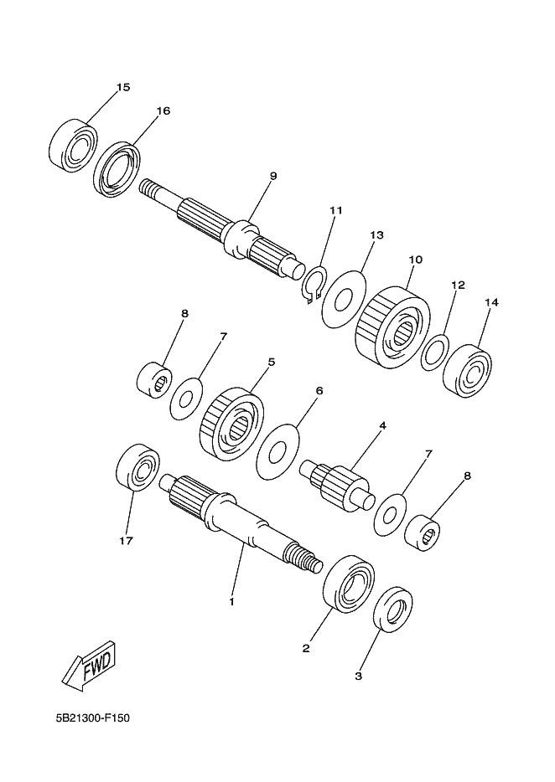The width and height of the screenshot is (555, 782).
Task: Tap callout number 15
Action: pos(123,87)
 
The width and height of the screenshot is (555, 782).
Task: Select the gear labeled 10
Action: pos(392,327)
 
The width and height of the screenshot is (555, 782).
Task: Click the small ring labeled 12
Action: pos(435,353)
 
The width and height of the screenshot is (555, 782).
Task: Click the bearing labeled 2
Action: pos(350,584)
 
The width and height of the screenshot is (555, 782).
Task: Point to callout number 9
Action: pos(272,176)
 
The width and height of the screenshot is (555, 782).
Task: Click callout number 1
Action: pos(231,602)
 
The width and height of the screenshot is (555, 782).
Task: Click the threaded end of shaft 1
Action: pos(303,559)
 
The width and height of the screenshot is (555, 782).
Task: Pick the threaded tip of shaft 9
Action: pos(148,189)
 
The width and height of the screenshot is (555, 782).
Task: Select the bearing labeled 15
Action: pos(74,147)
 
